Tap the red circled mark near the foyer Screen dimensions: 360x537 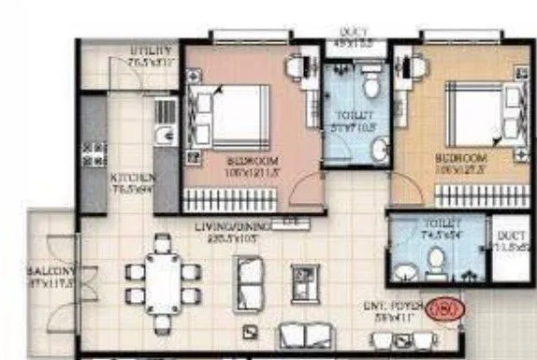point(438,308)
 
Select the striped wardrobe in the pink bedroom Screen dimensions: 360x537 point(251,198)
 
